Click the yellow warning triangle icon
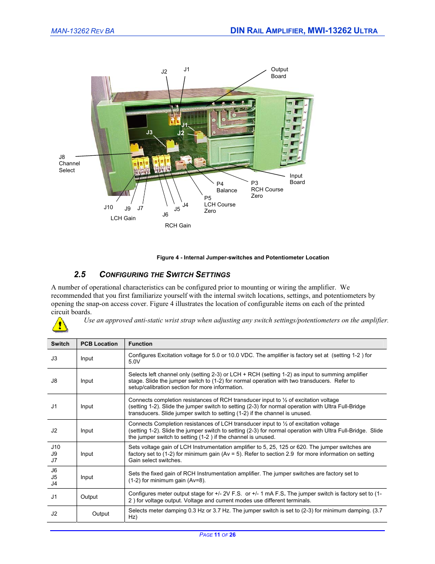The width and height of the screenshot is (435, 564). [60, 325]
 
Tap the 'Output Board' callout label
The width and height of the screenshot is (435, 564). [279, 73]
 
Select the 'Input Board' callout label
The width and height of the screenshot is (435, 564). [297, 179]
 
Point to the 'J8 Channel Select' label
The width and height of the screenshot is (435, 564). [69, 163]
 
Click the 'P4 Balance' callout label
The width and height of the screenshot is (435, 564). [226, 187]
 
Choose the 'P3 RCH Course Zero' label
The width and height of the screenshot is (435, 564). [267, 190]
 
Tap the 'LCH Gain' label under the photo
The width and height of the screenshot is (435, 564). [123, 218]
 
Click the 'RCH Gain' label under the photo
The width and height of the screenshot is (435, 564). [178, 226]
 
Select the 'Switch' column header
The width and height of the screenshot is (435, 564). [60, 344]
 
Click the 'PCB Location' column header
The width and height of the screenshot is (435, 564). [99, 344]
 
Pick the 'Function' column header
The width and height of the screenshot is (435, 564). [140, 344]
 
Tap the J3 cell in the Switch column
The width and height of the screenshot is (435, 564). [54, 358]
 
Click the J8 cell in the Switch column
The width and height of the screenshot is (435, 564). [54, 381]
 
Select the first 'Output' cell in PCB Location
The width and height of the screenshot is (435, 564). [89, 497]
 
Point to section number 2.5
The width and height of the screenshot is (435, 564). [80, 274]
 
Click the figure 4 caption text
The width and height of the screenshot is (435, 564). [243, 258]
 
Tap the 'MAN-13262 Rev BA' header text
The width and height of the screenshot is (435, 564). [83, 31]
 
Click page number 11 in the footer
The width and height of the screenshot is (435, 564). [217, 535]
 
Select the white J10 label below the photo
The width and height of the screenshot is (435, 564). [108, 207]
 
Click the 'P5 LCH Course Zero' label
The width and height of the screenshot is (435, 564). [219, 205]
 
